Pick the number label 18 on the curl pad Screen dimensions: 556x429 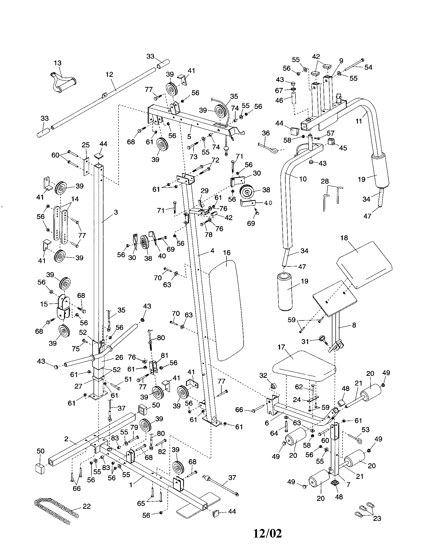point(344,238)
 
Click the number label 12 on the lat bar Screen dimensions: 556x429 point(109,74)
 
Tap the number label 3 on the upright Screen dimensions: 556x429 point(116,212)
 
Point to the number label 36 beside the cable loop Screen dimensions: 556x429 point(266,133)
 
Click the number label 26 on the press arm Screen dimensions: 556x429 point(119,357)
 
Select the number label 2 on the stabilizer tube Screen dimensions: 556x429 point(66,439)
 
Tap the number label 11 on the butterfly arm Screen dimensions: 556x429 point(359,121)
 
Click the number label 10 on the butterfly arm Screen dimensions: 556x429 point(303,179)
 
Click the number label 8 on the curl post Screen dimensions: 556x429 point(354,325)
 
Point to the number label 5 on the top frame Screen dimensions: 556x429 point(189,136)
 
